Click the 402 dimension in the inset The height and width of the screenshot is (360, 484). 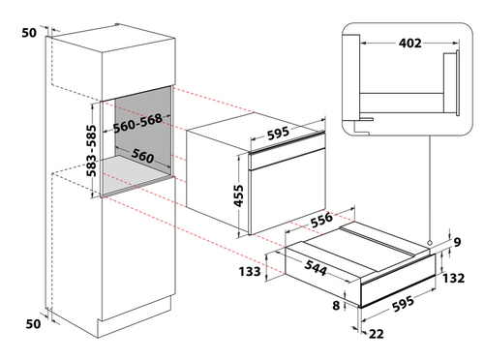(x=410, y=43)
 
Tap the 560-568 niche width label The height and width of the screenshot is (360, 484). (x=137, y=123)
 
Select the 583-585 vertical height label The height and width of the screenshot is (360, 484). (x=91, y=151)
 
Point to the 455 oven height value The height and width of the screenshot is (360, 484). (x=238, y=195)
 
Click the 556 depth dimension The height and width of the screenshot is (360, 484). (x=321, y=220)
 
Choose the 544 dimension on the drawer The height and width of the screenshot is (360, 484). (x=316, y=267)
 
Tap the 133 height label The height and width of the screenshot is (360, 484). (x=250, y=272)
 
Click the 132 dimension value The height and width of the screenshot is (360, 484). (x=453, y=278)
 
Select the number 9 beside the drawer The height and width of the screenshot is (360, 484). (x=457, y=242)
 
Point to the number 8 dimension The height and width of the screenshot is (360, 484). (x=336, y=305)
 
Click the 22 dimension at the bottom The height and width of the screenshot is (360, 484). (x=377, y=334)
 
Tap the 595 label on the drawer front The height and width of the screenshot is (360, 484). (x=403, y=304)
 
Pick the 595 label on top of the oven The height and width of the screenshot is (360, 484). (x=278, y=134)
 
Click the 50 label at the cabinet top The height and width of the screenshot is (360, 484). (x=29, y=33)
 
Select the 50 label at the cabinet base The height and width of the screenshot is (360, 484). (x=33, y=323)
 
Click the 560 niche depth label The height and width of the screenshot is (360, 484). (x=142, y=156)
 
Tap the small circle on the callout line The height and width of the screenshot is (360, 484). (x=430, y=243)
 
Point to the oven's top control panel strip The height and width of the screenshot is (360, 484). (x=287, y=141)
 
